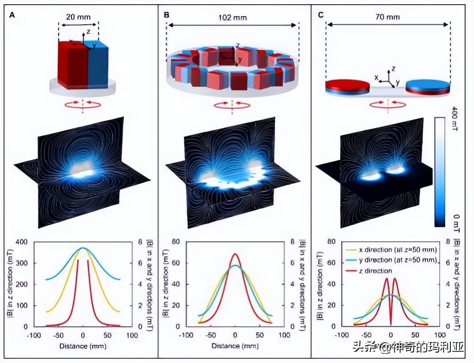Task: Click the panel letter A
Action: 12,15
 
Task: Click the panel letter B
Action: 166,15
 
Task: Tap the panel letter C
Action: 321,15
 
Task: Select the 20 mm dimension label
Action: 78,18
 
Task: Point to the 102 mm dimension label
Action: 233,18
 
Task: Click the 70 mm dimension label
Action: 387,17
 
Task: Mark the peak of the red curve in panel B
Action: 236,254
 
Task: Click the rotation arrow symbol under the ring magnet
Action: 232,105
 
